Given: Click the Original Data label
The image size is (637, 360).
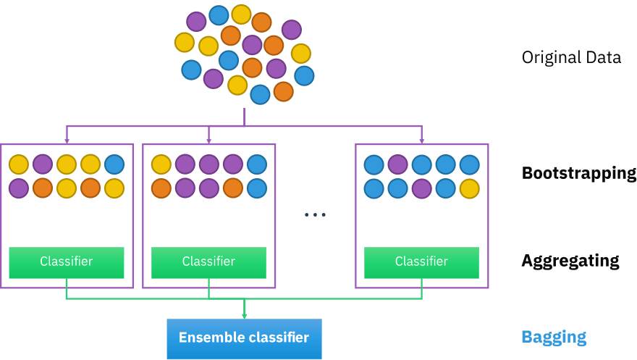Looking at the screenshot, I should [571, 57].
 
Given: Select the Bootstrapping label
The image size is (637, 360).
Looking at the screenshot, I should [578, 174].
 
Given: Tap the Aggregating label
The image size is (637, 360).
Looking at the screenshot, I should [570, 261].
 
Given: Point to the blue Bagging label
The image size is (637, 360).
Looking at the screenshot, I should [554, 337].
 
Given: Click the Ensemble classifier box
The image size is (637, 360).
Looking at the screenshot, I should [244, 338].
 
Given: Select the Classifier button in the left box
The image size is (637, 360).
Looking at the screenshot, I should [67, 261].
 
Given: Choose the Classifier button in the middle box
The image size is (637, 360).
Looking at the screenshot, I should [208, 261].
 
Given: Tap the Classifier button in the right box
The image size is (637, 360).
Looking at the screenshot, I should [421, 261].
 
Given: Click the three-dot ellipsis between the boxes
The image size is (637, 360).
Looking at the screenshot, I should [315, 214].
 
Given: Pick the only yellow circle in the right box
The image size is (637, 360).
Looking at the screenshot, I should [469, 188].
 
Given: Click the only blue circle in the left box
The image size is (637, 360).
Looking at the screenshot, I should [114, 164].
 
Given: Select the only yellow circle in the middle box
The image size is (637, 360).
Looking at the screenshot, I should [161, 164].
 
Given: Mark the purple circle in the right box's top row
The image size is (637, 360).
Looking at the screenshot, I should [397, 164].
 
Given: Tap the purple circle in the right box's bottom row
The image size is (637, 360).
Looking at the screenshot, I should [421, 188].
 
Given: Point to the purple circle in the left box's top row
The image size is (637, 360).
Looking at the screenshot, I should [43, 164].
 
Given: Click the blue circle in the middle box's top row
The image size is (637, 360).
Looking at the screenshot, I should [256, 164].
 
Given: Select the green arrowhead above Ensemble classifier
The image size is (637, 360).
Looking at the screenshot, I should [244, 315].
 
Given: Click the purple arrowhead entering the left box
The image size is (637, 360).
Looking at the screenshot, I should [67, 140].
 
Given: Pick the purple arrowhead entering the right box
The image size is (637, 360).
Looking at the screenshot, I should [421, 140].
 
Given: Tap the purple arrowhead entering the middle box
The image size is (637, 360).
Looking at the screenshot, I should [208, 140].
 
